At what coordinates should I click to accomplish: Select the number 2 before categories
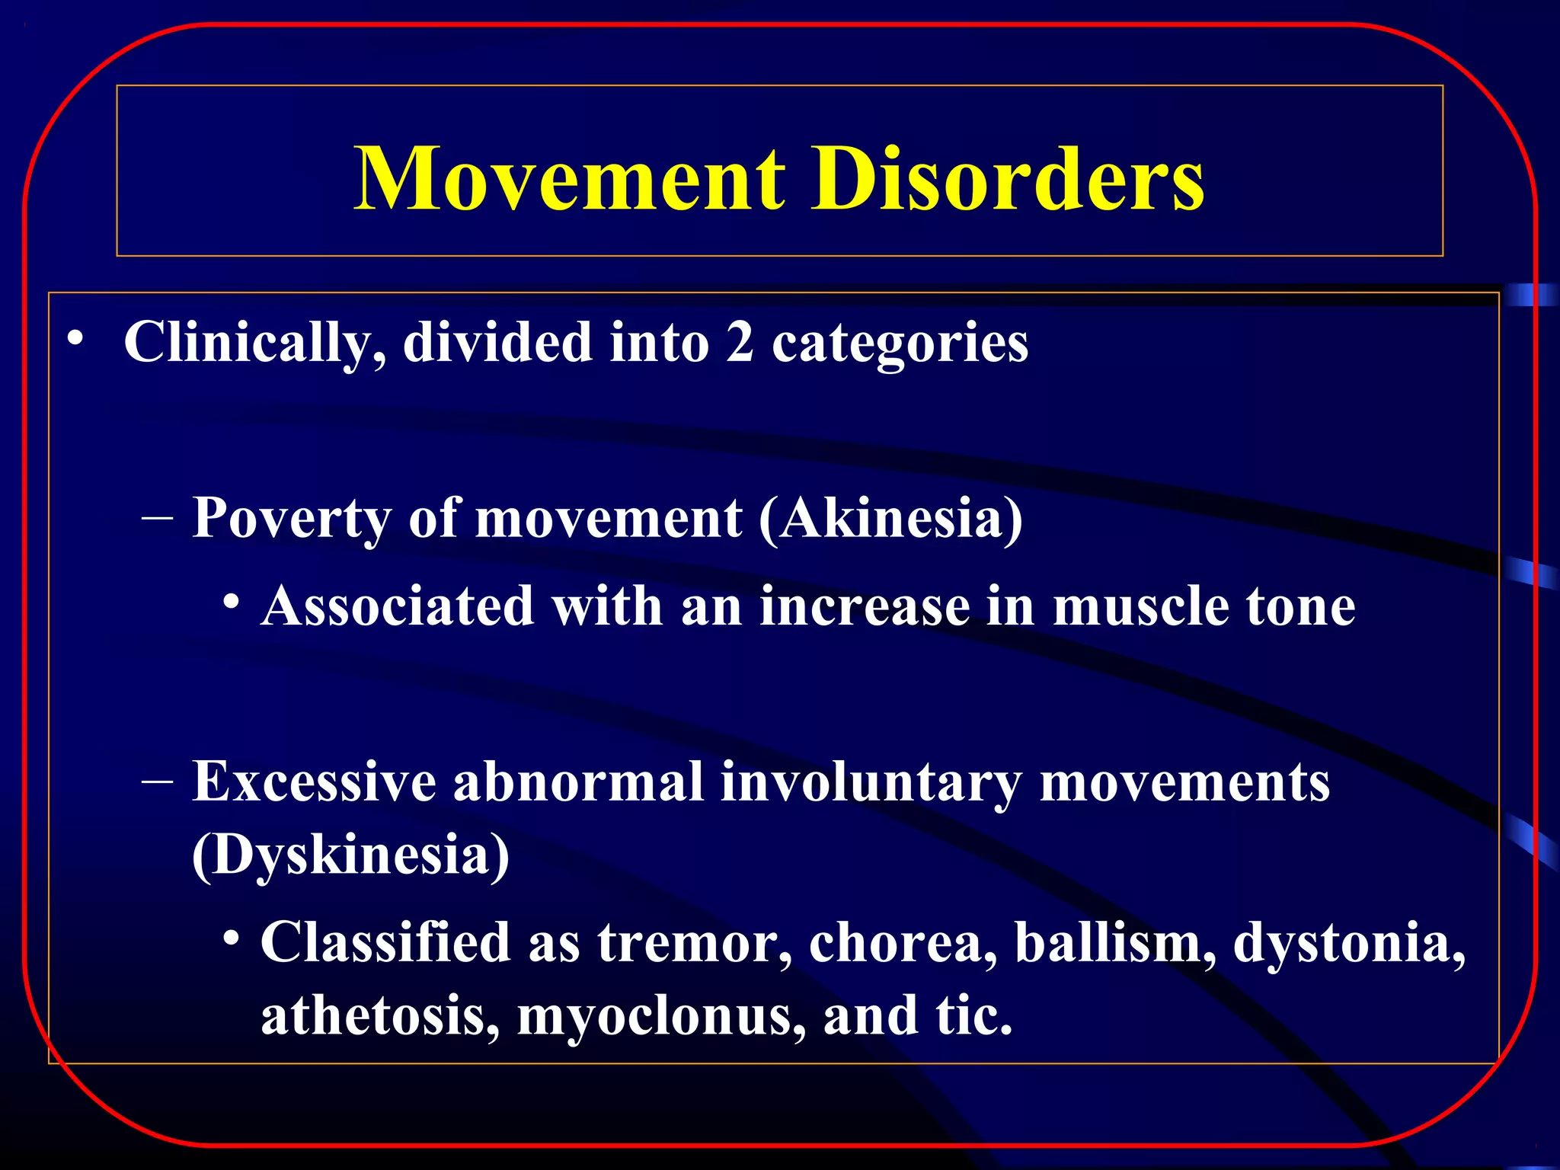[x=739, y=343]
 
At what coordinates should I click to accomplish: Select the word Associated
[x=397, y=606]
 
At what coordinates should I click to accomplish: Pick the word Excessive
[x=313, y=783]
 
